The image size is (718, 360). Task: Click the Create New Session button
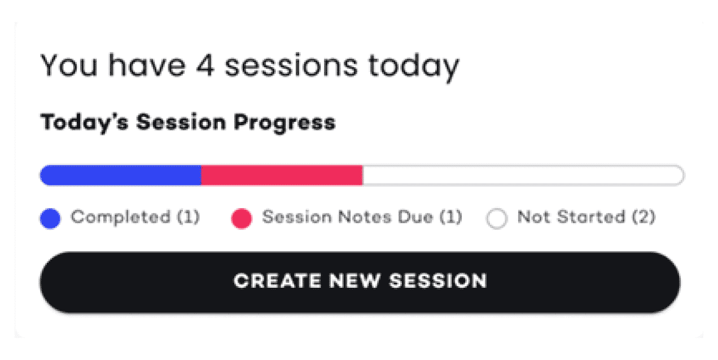(360, 282)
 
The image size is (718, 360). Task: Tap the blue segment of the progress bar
(121, 175)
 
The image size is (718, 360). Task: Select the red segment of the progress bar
(282, 175)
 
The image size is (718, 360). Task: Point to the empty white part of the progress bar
(523, 175)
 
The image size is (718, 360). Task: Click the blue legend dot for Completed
(50, 218)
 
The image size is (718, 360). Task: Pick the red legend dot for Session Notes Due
(242, 218)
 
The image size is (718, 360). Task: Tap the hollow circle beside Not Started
(497, 218)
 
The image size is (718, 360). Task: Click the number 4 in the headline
(205, 65)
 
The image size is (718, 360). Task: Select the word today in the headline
(414, 68)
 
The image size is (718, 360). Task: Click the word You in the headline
(69, 65)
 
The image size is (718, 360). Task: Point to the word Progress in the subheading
(284, 124)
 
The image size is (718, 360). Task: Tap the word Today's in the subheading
(84, 124)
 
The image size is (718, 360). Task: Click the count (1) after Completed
(189, 217)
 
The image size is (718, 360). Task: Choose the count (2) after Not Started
(643, 217)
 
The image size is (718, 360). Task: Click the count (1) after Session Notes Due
(450, 217)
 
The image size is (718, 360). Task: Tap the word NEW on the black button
(354, 281)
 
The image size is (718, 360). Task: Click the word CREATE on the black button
(278, 281)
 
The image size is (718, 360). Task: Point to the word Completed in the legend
(121, 217)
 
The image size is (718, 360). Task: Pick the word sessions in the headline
(291, 65)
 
